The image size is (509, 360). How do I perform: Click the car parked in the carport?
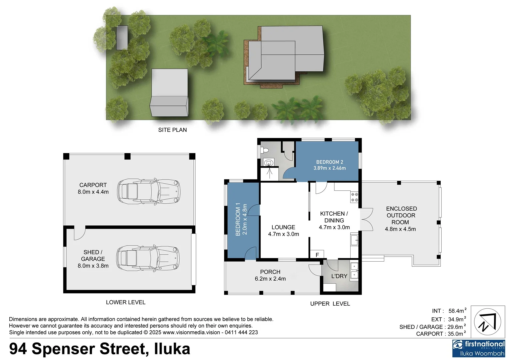click(x=149, y=191)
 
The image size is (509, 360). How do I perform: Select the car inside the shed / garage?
click(x=148, y=259)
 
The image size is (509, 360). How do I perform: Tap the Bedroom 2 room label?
click(x=329, y=165)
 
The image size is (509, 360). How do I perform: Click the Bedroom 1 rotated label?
click(x=241, y=219)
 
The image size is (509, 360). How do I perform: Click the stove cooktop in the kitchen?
click(x=354, y=197)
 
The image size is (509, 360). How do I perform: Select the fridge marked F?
click(x=317, y=255)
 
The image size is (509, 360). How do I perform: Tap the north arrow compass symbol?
click(x=487, y=322)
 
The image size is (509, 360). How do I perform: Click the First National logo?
click(x=478, y=348)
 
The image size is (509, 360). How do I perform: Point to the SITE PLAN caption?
click(x=172, y=130)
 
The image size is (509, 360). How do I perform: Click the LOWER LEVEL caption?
click(x=126, y=302)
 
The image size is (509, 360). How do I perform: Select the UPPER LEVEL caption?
click(x=330, y=304)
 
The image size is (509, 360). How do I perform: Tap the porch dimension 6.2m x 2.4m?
click(x=270, y=279)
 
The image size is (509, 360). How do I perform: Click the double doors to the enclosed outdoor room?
click(x=366, y=219)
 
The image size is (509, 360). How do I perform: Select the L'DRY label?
click(x=339, y=276)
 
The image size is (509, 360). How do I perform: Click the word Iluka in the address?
click(x=172, y=349)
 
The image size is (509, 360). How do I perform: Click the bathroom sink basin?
click(x=269, y=163)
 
